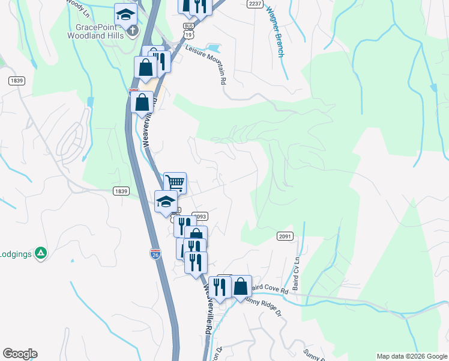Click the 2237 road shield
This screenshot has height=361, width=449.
coord(255,4)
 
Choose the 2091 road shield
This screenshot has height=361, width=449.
coord(285,236)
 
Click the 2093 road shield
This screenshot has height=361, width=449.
coord(200,216)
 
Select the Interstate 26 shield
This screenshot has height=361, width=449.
coord(154,255)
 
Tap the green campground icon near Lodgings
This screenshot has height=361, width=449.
coord(41,253)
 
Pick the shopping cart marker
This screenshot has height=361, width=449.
coord(175,182)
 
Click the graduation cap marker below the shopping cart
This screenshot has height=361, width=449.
coord(166,201)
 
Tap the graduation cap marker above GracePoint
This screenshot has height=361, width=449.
coord(126,13)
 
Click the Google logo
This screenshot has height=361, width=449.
coord(20,354)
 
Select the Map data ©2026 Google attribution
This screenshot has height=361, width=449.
coord(412,356)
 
